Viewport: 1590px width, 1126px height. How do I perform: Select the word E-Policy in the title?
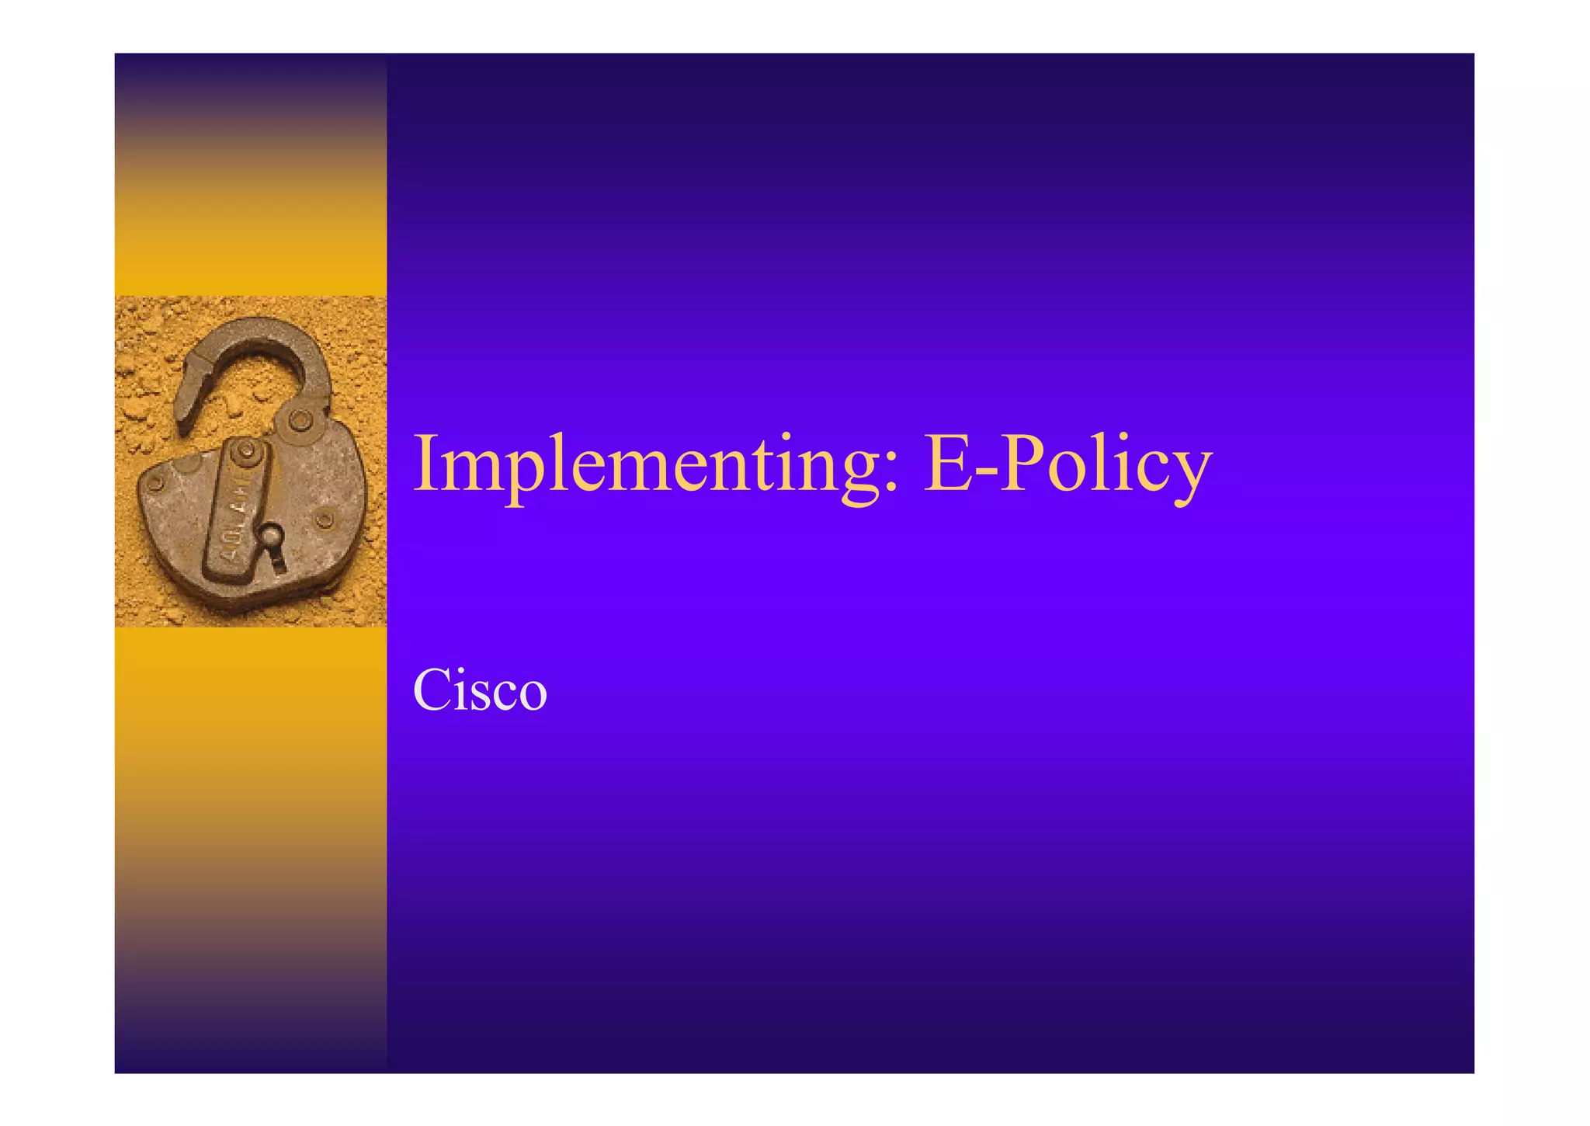(1068, 466)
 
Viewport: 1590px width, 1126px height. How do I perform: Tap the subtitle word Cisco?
(480, 690)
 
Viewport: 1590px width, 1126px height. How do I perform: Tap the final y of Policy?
(1188, 478)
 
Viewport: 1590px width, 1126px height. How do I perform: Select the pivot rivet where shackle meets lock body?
(300, 422)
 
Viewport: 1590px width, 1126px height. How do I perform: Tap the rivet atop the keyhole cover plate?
(246, 450)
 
